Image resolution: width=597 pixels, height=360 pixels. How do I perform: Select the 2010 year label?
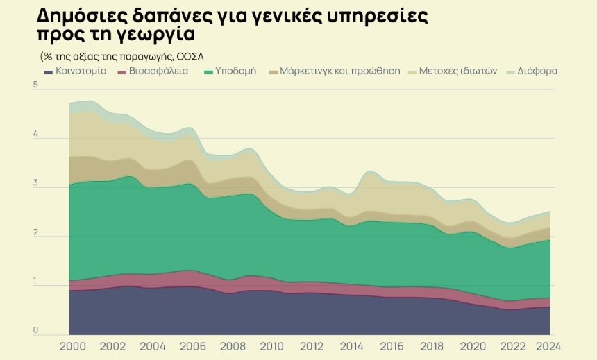[x=271, y=345]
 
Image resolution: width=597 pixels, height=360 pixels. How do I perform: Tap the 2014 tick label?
[x=352, y=345]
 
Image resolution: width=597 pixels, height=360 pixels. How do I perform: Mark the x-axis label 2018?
[x=432, y=345]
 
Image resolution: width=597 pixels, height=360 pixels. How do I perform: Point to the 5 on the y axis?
[x=35, y=85]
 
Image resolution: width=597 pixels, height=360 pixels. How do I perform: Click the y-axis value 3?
[x=35, y=183]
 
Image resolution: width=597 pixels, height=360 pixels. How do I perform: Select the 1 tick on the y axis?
[x=35, y=282]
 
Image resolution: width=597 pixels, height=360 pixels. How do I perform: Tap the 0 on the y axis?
[x=35, y=330]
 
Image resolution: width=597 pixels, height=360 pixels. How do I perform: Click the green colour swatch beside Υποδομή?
[x=208, y=71]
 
